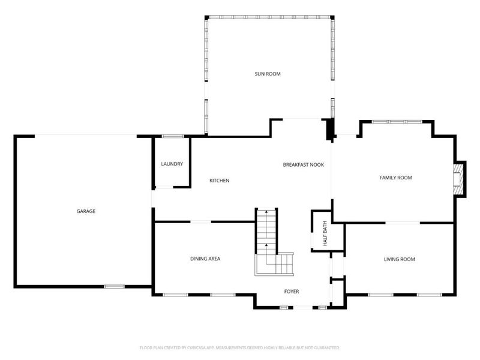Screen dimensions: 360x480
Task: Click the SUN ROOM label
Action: tap(268, 74)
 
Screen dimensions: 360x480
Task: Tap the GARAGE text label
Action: tap(86, 211)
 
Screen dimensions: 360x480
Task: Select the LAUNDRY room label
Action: tap(172, 164)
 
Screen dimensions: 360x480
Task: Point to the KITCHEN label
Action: tap(219, 181)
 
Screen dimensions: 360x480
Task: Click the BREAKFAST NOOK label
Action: tap(303, 164)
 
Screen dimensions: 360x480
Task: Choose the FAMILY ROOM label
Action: tap(395, 178)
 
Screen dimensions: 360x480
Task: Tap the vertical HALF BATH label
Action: tap(325, 235)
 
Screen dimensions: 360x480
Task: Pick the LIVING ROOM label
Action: tap(400, 259)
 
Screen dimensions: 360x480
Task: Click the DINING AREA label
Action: tap(205, 259)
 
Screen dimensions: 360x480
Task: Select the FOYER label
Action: tap(292, 292)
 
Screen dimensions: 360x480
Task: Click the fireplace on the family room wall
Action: tap(459, 178)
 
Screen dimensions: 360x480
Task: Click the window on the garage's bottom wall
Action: tap(114, 286)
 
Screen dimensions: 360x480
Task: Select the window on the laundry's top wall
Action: tap(173, 136)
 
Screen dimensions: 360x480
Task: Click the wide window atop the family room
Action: tap(396, 122)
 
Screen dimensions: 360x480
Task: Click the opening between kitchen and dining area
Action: tap(200, 222)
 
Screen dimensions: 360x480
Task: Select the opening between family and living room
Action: tap(402, 223)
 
